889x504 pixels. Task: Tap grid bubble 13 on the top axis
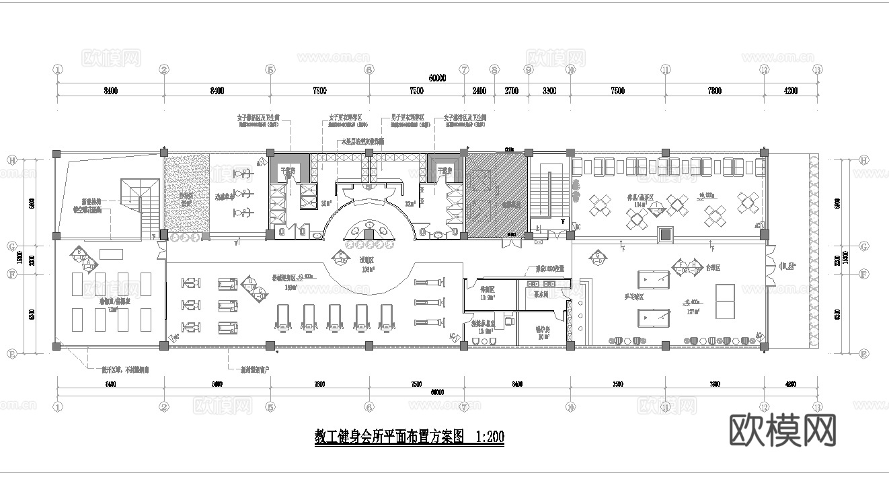tap(817, 69)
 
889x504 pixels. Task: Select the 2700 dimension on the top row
tap(511, 91)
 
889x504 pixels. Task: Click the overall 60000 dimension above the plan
tap(437, 78)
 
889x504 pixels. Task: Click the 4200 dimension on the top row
tap(790, 91)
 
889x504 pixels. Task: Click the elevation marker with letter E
tap(341, 256)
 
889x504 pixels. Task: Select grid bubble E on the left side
tap(11, 353)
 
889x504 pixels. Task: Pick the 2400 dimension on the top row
tap(479, 91)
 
